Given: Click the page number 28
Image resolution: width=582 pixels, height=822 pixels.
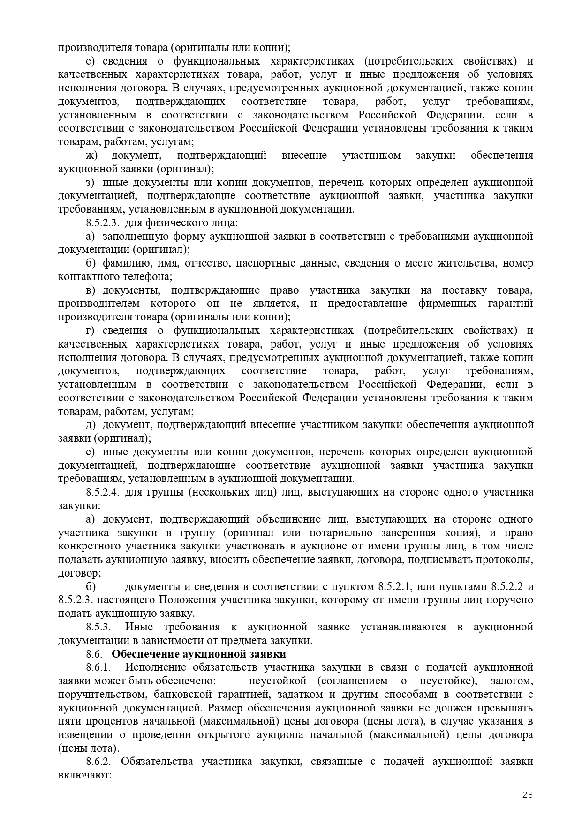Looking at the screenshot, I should coord(528,794).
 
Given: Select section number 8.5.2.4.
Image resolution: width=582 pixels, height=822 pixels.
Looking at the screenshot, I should coord(104,492).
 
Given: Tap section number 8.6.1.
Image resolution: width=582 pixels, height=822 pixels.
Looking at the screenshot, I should coord(99,667).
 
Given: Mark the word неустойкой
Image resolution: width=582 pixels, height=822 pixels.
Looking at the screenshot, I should coord(278,681).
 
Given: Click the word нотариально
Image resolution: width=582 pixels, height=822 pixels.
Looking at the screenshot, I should coord(346,533).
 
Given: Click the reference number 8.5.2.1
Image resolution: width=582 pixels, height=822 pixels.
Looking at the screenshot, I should coord(395,586).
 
